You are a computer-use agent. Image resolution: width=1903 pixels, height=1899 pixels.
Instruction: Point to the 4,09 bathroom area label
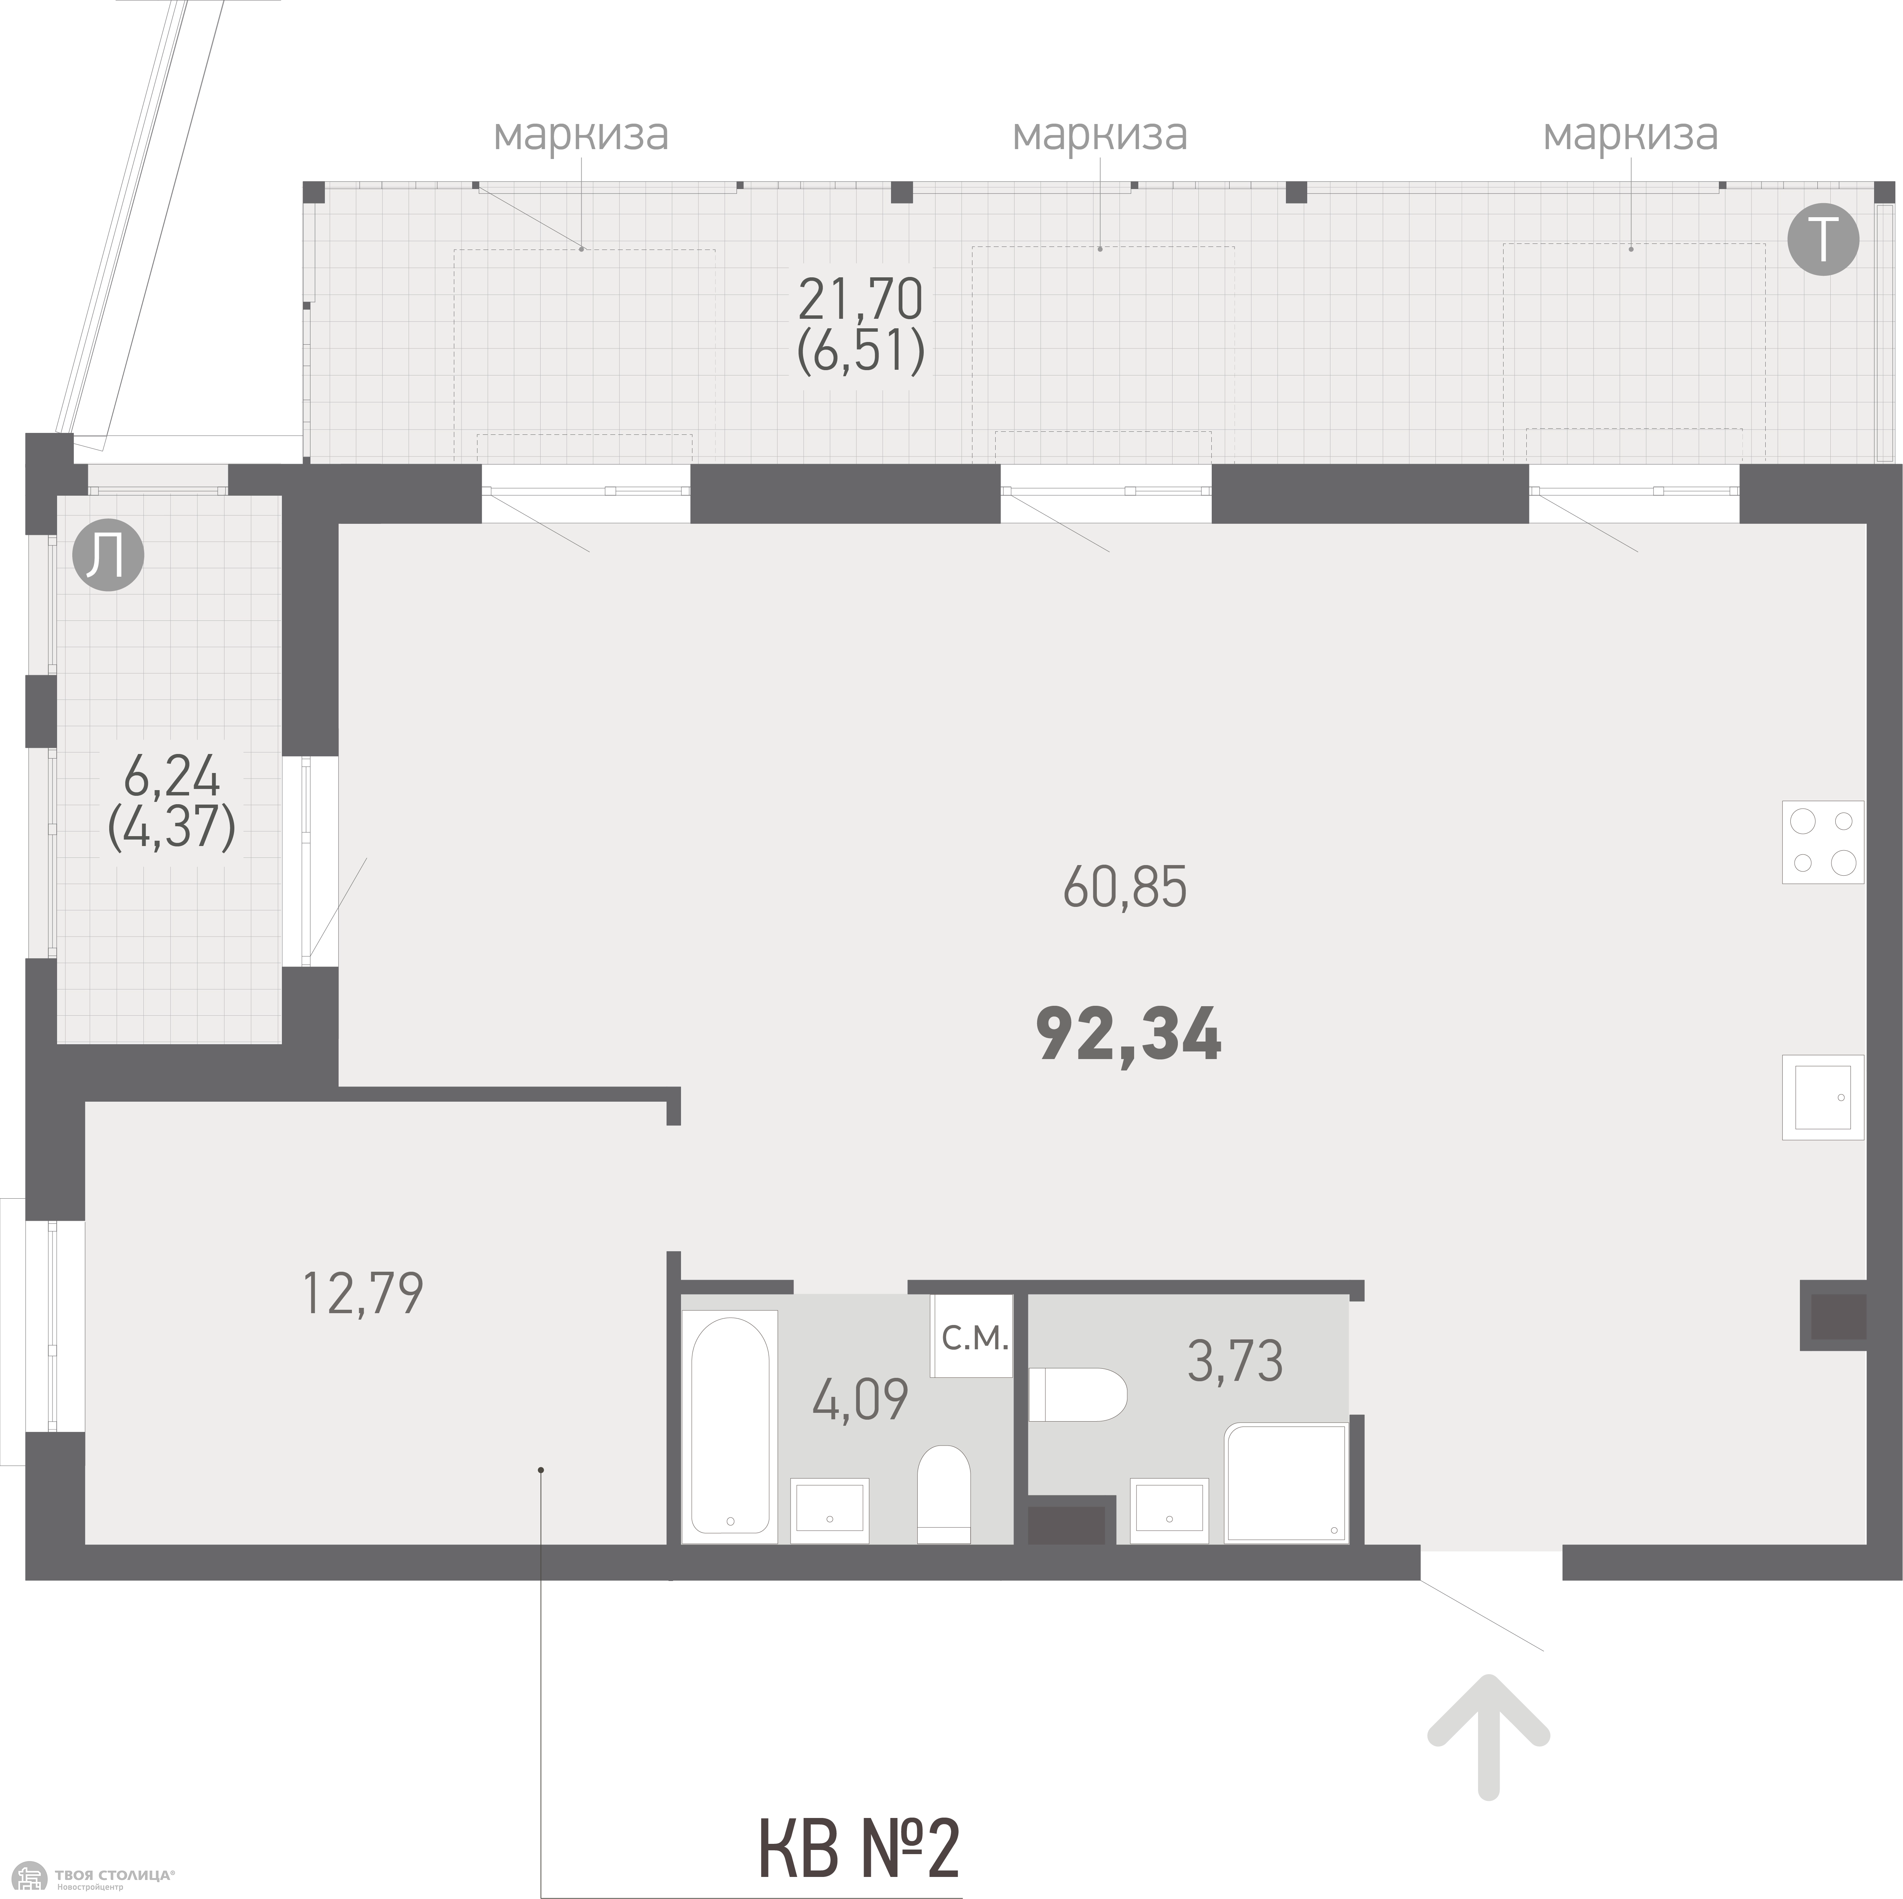pyautogui.click(x=860, y=1399)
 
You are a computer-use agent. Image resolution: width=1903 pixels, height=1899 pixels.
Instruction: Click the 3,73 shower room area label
pyautogui.click(x=1235, y=1362)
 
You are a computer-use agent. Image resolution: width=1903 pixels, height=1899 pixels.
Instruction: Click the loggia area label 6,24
pyautogui.click(x=171, y=779)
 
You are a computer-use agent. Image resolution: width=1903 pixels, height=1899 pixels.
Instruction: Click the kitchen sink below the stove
pyautogui.click(x=1822, y=1097)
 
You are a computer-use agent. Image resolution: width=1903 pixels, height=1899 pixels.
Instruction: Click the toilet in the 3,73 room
pyautogui.click(x=1077, y=1394)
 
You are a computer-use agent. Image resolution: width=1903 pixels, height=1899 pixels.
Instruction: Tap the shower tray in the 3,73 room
pyautogui.click(x=1286, y=1482)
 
